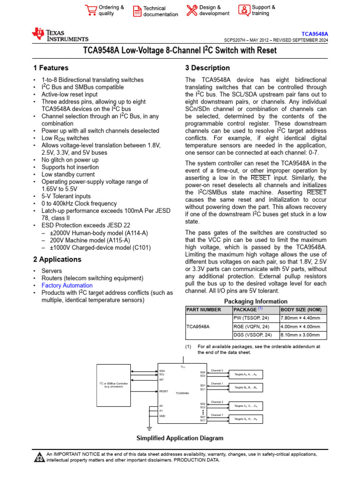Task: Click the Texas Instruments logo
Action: tap(60, 35)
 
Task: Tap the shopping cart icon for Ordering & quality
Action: tap(90, 10)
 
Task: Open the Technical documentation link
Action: tap(160, 11)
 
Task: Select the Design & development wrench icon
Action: tap(192, 10)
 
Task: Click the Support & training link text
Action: tap(263, 10)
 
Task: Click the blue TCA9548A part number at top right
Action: tap(315, 34)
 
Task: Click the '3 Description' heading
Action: tap(208, 68)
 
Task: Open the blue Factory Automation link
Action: tap(67, 285)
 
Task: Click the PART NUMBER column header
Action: tap(203, 310)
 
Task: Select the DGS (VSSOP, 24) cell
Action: tap(253, 335)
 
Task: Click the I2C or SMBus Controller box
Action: tap(113, 385)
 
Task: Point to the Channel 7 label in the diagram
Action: tap(217, 415)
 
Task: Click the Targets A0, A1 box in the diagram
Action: tap(246, 375)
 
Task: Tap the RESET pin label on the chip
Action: tap(164, 391)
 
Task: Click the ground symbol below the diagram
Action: tap(149, 428)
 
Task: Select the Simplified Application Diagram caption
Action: tap(180, 438)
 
